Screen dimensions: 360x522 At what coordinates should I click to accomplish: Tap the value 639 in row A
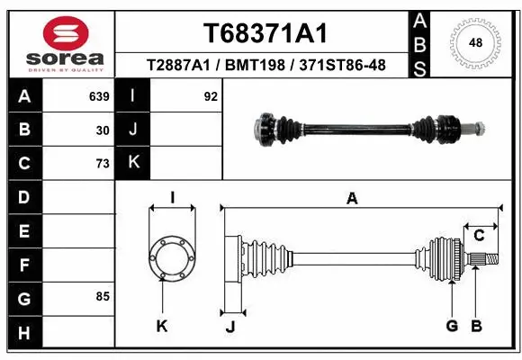click(x=98, y=96)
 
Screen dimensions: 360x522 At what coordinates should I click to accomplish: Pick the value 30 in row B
click(x=103, y=130)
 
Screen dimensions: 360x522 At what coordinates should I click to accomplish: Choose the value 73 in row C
click(x=103, y=163)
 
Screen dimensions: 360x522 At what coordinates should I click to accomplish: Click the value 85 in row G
click(x=103, y=296)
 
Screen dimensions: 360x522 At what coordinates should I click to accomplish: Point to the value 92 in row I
click(x=211, y=96)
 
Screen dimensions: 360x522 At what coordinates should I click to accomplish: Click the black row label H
click(x=23, y=332)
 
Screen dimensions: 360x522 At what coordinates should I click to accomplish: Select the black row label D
click(x=23, y=197)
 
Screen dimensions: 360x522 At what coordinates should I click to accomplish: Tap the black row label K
click(x=133, y=163)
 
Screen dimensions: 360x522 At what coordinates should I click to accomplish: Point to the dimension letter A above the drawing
click(x=352, y=199)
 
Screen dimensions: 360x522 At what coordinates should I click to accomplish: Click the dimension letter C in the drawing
click(x=480, y=235)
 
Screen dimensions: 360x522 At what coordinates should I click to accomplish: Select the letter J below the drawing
click(x=230, y=327)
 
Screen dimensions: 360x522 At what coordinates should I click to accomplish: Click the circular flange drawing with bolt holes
click(x=171, y=259)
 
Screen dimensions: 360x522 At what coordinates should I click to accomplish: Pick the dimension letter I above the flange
click(x=172, y=198)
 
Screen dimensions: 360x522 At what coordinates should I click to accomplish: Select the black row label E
click(x=23, y=231)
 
